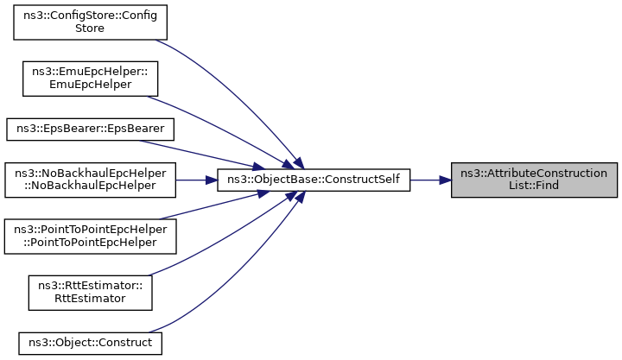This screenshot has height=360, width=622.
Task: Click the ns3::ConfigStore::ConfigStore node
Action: coord(89,22)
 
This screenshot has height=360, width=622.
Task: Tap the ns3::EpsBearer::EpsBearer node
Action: coord(91,129)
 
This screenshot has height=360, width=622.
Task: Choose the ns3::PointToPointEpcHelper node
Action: coord(91,236)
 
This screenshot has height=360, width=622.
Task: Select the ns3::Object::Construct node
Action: coord(90,343)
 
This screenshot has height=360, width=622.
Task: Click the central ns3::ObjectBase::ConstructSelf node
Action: coord(312,180)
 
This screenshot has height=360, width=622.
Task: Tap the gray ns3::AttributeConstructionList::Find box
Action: coord(534,180)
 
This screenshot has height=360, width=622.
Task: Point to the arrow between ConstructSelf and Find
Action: coord(428,180)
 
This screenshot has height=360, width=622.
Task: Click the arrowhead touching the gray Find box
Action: coord(445,180)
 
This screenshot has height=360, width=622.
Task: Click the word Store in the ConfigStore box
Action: coord(89,28)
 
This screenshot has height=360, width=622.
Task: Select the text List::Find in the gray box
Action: coord(534,186)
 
